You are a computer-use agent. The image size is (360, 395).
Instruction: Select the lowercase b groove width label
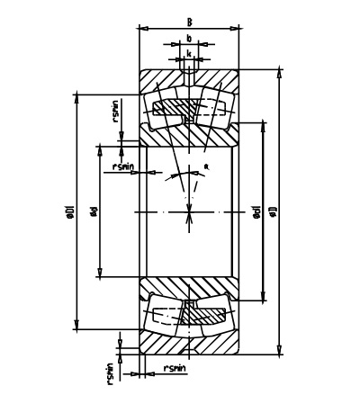pos(189,38)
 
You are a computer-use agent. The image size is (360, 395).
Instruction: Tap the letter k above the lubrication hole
pos(189,54)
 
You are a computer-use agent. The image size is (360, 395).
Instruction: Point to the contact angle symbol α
pos(206,167)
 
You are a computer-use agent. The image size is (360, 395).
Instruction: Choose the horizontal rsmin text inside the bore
pos(123,166)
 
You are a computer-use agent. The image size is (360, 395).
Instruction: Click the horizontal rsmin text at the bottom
pos(175,369)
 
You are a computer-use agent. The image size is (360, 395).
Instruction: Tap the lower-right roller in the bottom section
pos(212,314)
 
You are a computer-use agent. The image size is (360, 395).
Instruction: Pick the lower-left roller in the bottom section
pos(166,314)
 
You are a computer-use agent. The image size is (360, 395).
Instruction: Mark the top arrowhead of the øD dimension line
pos(280,70)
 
